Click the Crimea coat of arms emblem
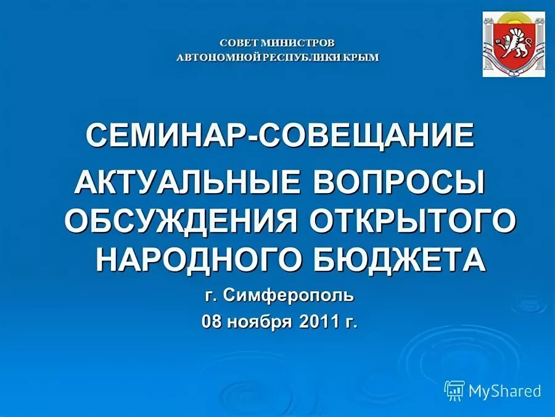coord(514,44)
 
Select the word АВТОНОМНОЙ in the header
coord(212,57)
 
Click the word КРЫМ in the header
coord(361,57)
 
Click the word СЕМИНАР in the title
coord(165,135)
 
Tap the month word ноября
coord(265,321)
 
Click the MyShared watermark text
coord(504,390)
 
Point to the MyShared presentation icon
coord(454,390)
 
